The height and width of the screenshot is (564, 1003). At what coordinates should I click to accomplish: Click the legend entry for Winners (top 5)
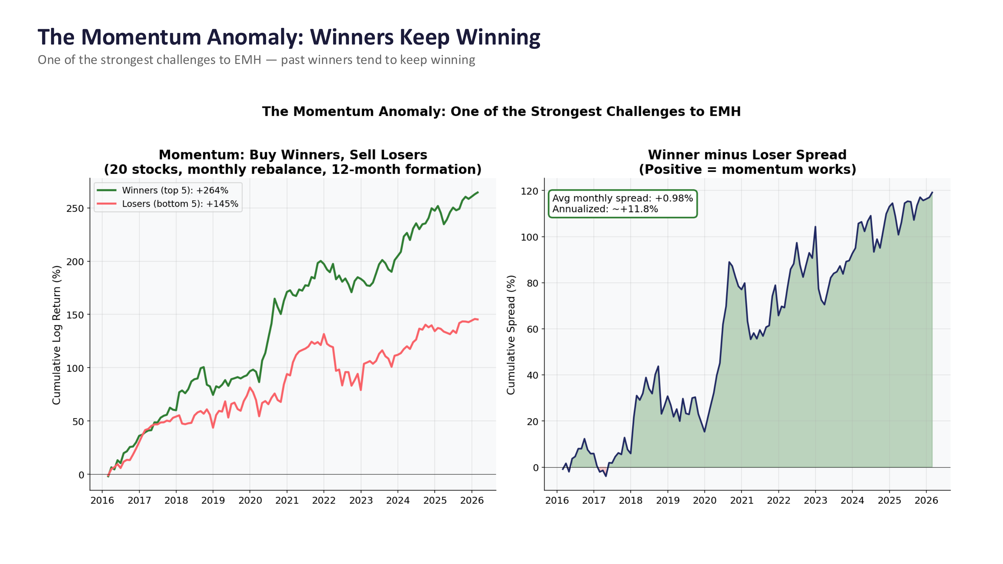175,190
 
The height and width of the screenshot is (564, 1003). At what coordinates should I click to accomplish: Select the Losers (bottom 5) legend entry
180,204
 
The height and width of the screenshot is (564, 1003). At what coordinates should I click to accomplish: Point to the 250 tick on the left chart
75,209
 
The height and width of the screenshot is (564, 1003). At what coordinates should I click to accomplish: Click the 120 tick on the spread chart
529,191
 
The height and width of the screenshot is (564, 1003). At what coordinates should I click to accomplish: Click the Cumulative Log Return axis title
57,335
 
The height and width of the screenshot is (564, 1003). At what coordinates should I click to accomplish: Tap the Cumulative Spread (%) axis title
511,335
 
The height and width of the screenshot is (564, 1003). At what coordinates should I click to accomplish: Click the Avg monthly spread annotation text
622,198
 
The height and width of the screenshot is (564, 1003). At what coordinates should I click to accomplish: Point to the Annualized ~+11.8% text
605,209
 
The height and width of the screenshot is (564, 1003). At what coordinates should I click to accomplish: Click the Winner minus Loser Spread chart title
747,154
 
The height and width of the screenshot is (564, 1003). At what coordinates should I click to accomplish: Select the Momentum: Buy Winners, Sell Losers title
293,154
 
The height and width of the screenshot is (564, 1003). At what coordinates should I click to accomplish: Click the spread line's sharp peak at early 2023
815,227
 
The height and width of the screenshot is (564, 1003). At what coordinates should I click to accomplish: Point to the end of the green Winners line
478,192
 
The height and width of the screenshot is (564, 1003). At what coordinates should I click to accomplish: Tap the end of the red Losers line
477,320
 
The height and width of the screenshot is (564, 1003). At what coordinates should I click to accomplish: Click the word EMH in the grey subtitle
248,60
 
